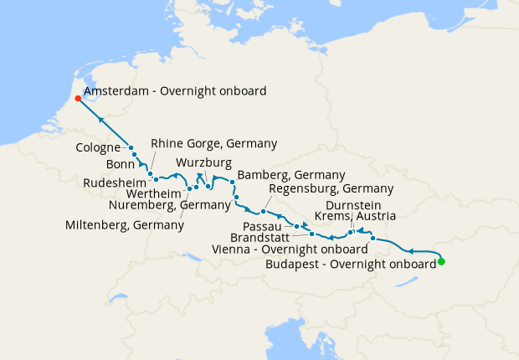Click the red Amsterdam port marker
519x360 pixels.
click(x=78, y=98)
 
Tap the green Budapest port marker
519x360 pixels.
click(x=441, y=262)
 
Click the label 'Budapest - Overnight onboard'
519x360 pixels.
click(x=350, y=264)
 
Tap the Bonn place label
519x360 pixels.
click(x=121, y=165)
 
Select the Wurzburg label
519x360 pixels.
click(x=204, y=162)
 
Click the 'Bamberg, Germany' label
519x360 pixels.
click(x=291, y=175)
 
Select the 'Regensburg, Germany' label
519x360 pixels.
click(x=319, y=189)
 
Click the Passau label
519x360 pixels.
click(x=267, y=226)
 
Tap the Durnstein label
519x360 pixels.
click(x=354, y=204)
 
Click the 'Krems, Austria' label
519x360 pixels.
click(x=356, y=216)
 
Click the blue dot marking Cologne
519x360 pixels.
click(x=131, y=148)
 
